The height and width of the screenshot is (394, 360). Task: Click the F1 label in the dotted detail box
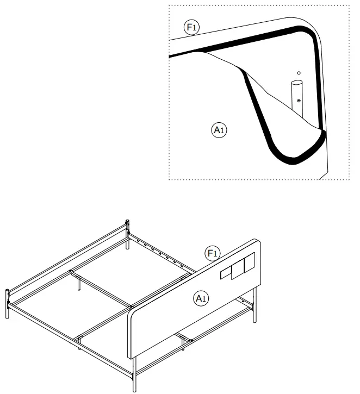pyautogui.click(x=191, y=28)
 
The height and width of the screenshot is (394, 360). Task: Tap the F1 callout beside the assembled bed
pyautogui.click(x=212, y=253)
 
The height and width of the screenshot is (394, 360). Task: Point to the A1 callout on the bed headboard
pyautogui.click(x=201, y=297)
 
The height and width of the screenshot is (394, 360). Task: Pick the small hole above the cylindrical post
pyautogui.click(x=298, y=73)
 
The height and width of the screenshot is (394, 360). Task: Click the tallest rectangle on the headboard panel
pyautogui.click(x=249, y=265)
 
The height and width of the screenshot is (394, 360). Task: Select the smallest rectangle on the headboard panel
pyautogui.click(x=225, y=274)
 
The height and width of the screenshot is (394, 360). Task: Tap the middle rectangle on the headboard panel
pyautogui.click(x=237, y=270)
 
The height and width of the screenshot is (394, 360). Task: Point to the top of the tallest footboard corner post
pyautogui.click(x=128, y=221)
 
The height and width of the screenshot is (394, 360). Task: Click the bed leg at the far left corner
pyautogui.click(x=8, y=310)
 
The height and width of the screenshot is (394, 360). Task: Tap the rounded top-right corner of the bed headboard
pyautogui.click(x=258, y=243)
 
